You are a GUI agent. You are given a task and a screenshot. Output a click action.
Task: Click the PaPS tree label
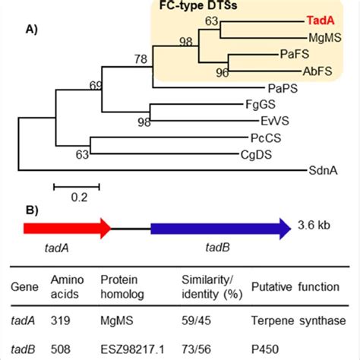click(282, 89)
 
